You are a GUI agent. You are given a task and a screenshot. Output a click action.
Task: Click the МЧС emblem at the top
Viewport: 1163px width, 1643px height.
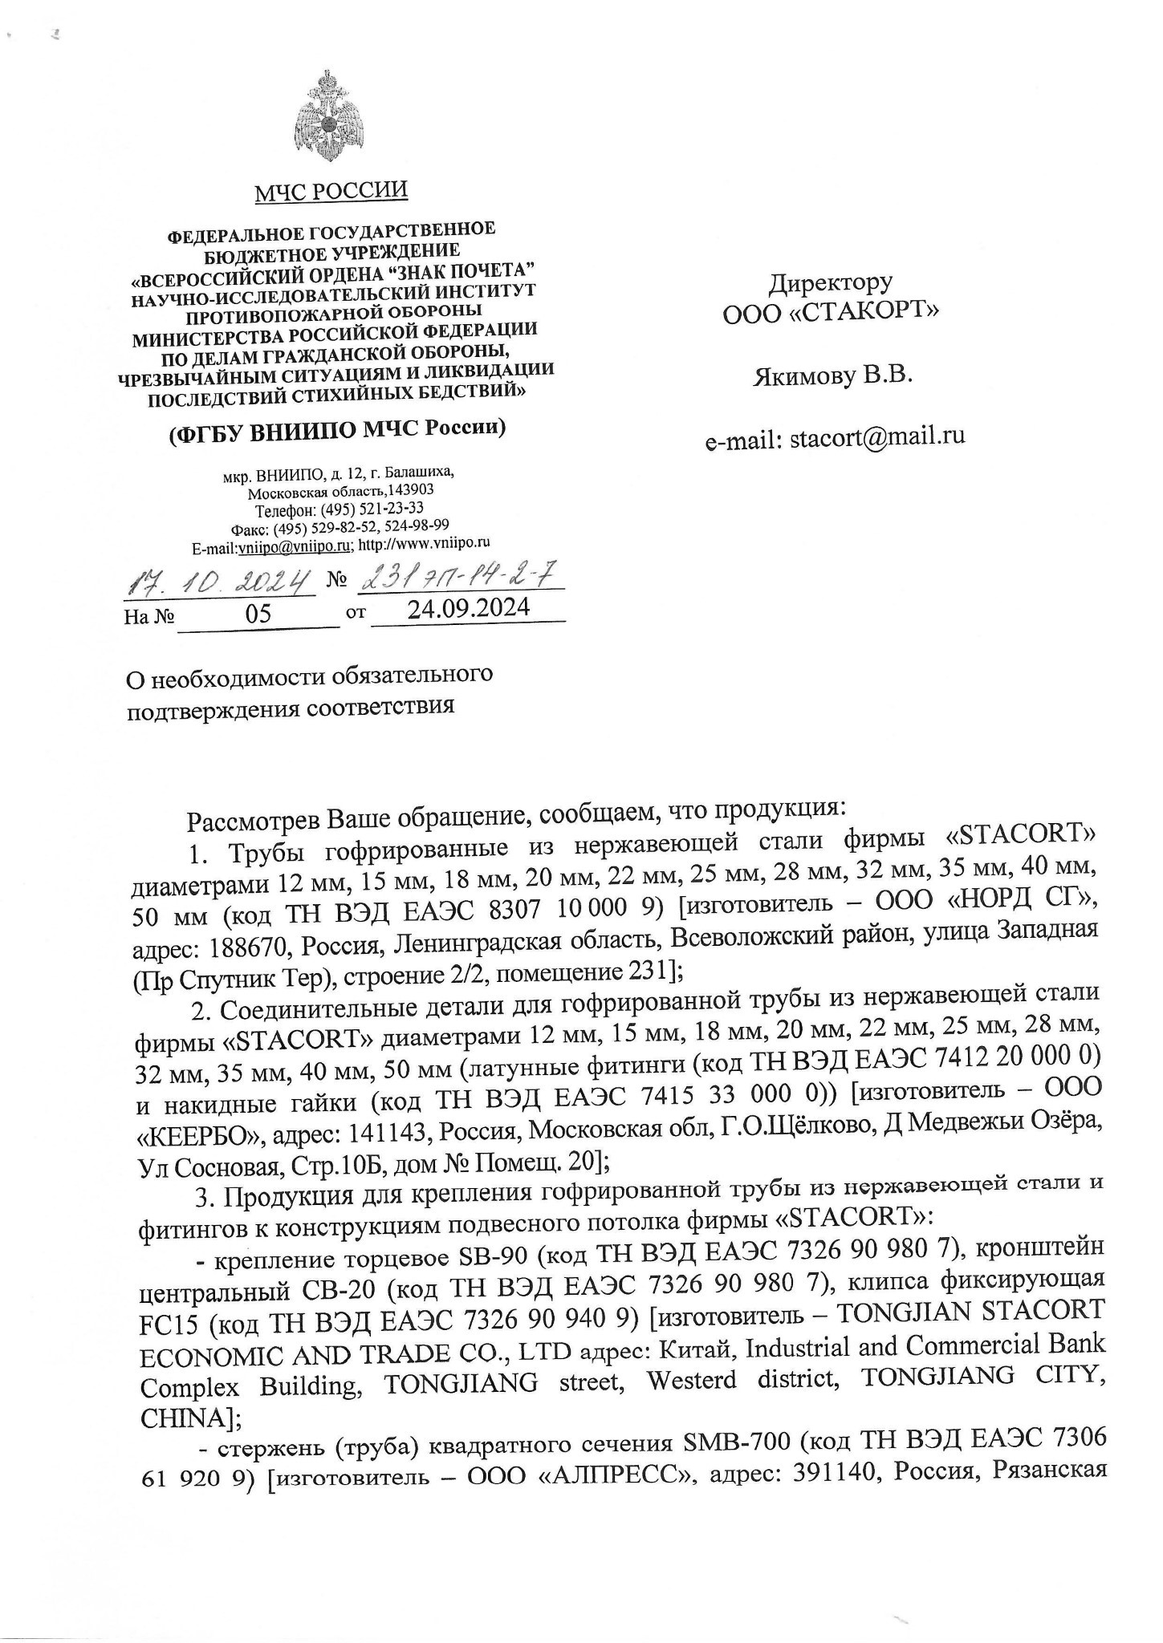(328, 117)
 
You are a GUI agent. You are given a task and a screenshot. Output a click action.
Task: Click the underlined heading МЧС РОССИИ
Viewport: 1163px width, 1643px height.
(331, 192)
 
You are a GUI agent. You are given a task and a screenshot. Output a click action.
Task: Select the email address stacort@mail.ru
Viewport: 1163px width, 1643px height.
(877, 437)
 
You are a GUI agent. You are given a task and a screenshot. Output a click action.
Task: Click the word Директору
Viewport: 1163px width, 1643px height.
(830, 283)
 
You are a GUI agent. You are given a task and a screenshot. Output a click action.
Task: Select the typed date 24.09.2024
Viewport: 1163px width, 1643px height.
(469, 609)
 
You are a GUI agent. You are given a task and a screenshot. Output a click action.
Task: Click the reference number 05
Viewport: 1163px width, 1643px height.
(258, 614)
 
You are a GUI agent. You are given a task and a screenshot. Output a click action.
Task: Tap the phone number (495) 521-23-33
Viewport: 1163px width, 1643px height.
(372, 509)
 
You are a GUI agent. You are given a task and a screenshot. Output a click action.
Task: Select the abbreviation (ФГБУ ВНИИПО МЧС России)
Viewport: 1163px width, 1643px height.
(335, 430)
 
